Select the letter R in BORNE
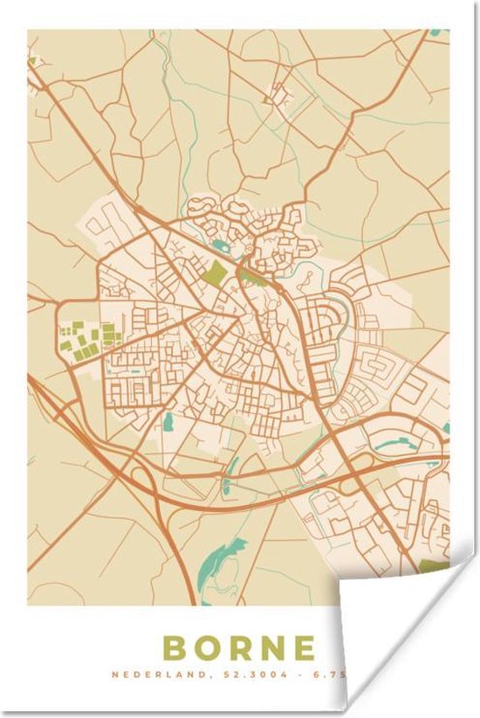pyautogui.click(x=249, y=648)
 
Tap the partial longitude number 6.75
pyautogui.click(x=302, y=675)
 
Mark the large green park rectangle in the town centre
pyautogui.click(x=215, y=273)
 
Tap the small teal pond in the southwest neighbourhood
pyautogui.click(x=168, y=422)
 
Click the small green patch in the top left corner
pyautogui.click(x=34, y=61)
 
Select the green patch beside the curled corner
pyautogui.click(x=433, y=567)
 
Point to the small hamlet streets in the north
pyautogui.click(x=278, y=92)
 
